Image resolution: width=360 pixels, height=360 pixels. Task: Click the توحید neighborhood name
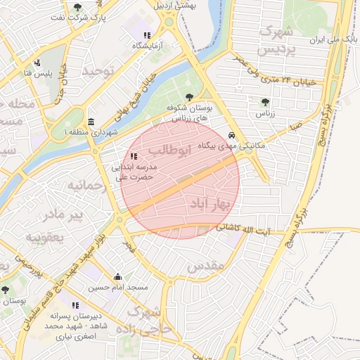(98, 72)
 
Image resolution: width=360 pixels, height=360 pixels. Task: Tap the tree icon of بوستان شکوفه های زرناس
(188, 97)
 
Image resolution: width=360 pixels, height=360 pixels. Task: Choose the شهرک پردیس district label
(276, 41)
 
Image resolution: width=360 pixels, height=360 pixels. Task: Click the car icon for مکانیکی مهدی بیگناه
(232, 135)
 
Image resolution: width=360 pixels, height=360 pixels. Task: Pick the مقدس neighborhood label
(205, 265)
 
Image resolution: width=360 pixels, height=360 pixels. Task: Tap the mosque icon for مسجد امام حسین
(117, 277)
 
